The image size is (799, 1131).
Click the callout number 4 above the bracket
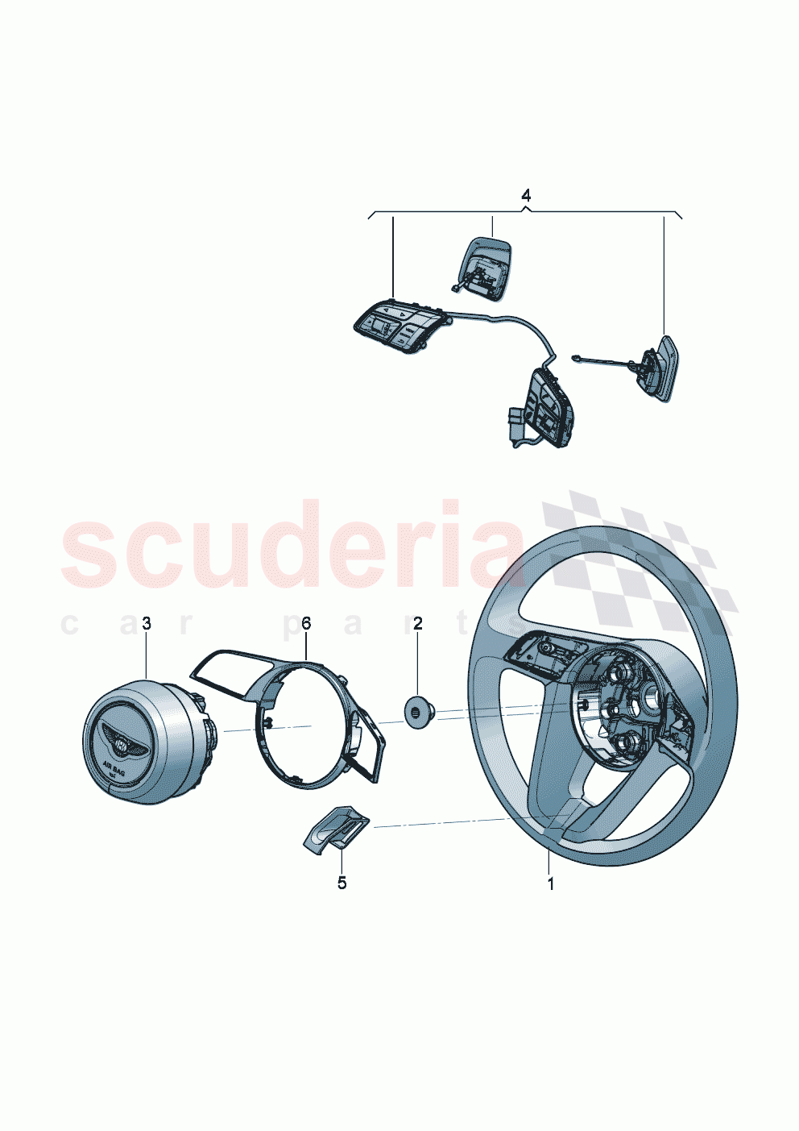pyautogui.click(x=526, y=196)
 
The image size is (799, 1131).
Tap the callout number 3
pyautogui.click(x=146, y=623)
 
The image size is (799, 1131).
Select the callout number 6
pyautogui.click(x=306, y=623)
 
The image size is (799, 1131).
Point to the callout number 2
pyautogui.click(x=417, y=623)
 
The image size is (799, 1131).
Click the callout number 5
pyautogui.click(x=342, y=884)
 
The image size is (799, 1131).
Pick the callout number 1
pyautogui.click(x=551, y=884)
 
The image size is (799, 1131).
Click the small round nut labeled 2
pyautogui.click(x=419, y=713)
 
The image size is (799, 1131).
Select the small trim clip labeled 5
pyautogui.click(x=337, y=828)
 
